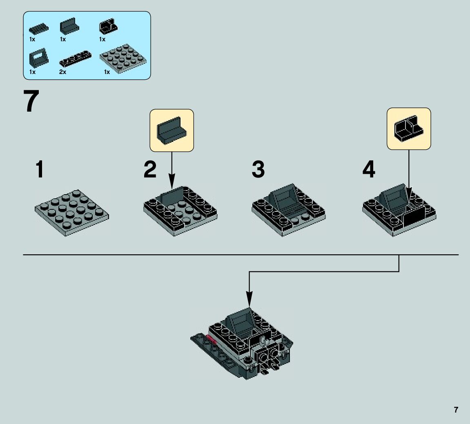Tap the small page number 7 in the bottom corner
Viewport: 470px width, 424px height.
(456, 410)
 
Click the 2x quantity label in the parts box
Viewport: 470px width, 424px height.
(63, 72)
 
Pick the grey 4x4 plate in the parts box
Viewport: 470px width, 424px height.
(123, 59)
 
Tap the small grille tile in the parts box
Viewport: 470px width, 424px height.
(38, 29)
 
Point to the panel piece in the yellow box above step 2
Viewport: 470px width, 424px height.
(172, 130)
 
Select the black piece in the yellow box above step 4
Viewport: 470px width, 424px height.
(408, 128)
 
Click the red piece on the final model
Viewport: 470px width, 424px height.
(212, 339)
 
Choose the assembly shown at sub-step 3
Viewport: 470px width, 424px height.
(288, 209)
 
